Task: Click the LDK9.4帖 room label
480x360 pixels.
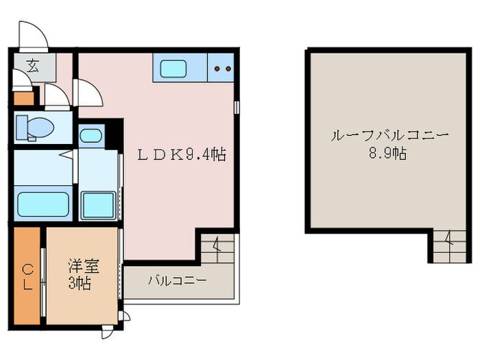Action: point(182,154)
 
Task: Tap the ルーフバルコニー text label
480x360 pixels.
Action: point(389,135)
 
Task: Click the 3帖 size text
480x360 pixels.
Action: point(79,281)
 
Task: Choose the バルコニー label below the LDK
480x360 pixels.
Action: point(177,280)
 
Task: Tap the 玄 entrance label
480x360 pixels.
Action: point(32,66)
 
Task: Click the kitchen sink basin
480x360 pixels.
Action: point(171,68)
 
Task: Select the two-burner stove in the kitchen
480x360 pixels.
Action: point(221,68)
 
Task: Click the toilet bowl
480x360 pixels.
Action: point(39,128)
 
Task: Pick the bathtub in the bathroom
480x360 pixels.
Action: point(42,204)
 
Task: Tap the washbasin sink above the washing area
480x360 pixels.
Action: point(91,134)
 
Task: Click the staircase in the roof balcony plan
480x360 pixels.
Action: point(444,246)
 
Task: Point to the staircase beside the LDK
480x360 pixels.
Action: point(217,248)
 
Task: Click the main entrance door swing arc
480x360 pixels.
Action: point(32,36)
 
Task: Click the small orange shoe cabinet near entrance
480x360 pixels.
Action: point(23,98)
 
